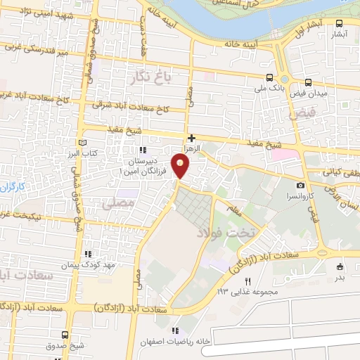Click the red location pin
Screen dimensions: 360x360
[x=181, y=166]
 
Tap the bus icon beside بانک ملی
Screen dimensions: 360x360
[x=270, y=78]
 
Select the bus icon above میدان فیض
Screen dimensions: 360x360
[x=309, y=82]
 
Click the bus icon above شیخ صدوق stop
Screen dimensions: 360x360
[x=65, y=335]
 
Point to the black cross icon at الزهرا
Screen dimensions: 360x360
[x=191, y=139]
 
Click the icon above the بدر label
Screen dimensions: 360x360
[x=340, y=266]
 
